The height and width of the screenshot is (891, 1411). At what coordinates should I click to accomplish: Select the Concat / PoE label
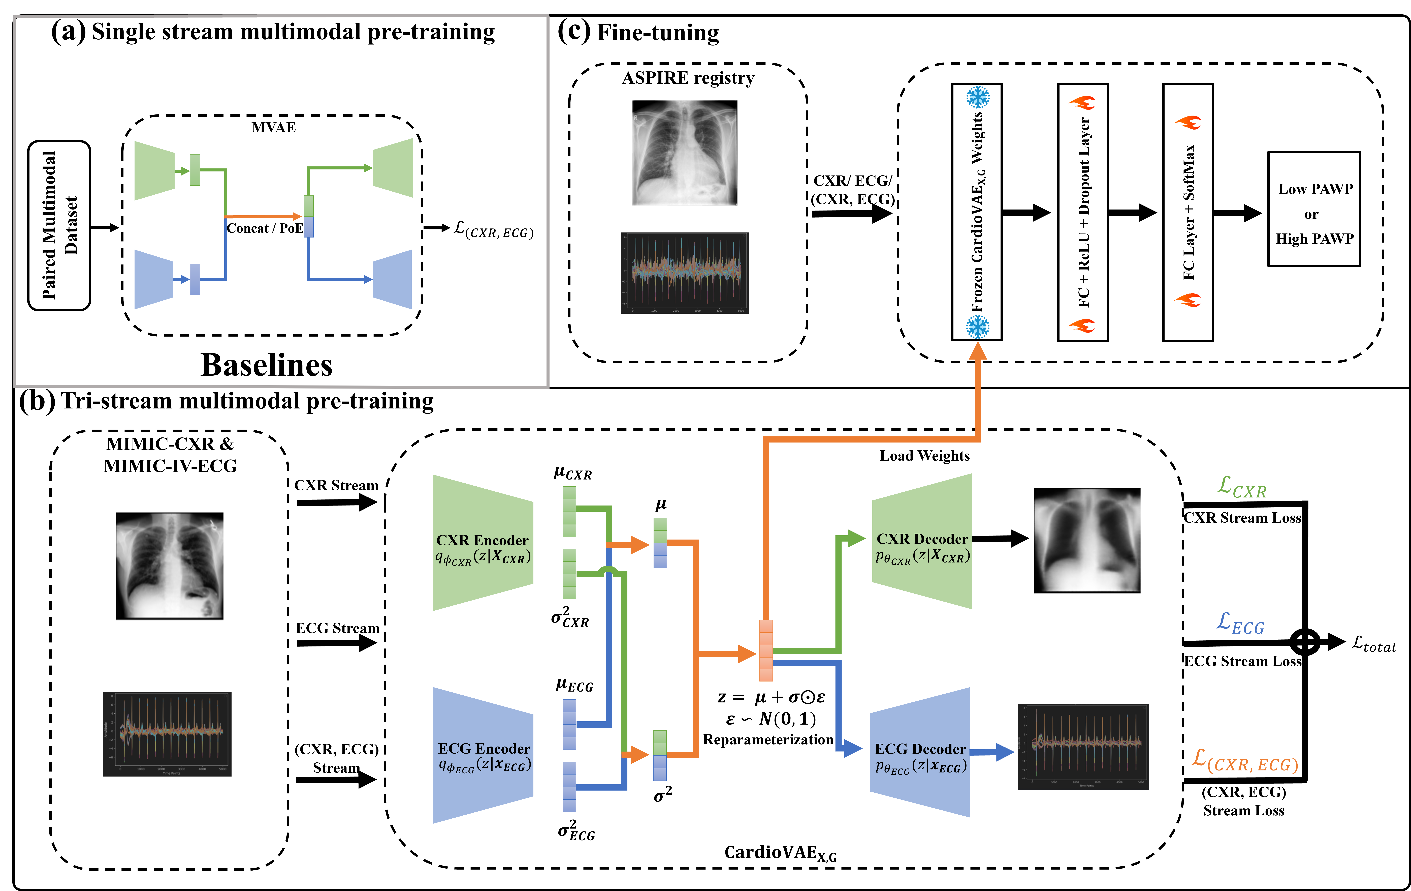tap(265, 229)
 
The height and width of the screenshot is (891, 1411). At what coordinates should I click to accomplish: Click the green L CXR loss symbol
tap(1241, 488)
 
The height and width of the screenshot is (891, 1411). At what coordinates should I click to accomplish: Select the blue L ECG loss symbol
tap(1240, 624)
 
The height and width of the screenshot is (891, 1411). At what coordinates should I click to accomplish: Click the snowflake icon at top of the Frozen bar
tap(977, 97)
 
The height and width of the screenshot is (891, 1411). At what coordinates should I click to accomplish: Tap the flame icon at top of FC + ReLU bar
tap(1083, 103)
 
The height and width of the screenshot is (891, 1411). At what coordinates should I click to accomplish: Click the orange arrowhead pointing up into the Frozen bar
tap(977, 350)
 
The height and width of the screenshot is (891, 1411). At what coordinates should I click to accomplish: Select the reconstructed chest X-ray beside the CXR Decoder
tap(1087, 541)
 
